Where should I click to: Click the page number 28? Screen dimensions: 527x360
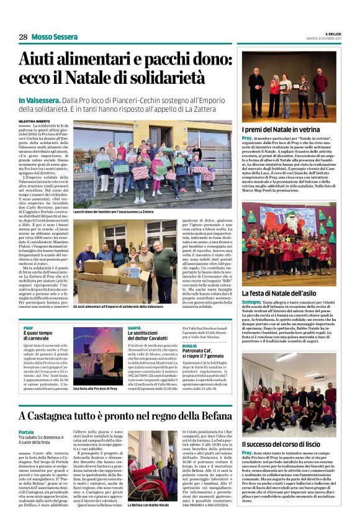pyautogui.click(x=23, y=37)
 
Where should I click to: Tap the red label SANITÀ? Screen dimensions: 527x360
pyautogui.click(x=134, y=327)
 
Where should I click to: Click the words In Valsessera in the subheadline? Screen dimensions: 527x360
pyautogui.click(x=39, y=101)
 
